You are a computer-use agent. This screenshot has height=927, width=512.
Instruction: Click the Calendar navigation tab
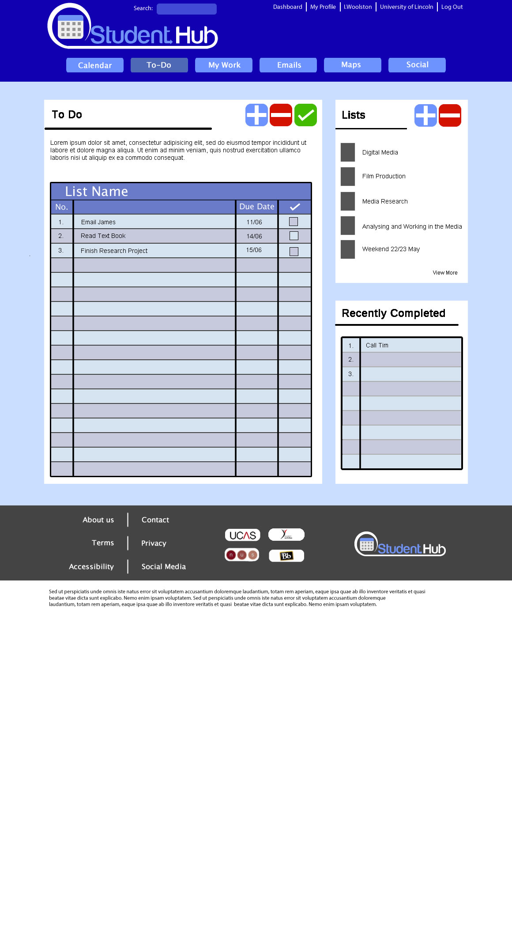[95, 65]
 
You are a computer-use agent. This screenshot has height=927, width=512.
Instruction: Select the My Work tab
[224, 65]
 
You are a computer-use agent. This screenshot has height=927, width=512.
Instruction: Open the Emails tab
[288, 65]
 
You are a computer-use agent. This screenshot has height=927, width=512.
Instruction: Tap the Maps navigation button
[352, 65]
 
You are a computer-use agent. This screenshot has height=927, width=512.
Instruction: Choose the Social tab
[417, 65]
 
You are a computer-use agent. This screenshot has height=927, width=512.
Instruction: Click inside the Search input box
[187, 9]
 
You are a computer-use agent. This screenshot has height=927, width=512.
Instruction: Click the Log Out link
[452, 7]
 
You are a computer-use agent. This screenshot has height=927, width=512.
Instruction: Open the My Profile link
[323, 7]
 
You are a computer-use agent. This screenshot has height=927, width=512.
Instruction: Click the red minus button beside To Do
[281, 115]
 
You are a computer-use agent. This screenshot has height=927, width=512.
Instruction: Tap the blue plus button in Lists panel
[425, 116]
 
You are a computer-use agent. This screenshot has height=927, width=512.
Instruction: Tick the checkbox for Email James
[294, 222]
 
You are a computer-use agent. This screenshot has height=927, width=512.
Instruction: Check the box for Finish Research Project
[294, 251]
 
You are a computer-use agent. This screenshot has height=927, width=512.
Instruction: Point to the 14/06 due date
[254, 236]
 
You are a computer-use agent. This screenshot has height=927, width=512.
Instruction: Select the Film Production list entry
[384, 176]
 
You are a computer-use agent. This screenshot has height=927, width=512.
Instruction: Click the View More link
[445, 273]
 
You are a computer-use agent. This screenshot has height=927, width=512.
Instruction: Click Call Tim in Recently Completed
[377, 345]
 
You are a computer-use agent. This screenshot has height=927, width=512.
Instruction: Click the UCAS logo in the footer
[243, 535]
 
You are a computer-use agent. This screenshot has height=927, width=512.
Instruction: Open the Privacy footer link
[154, 543]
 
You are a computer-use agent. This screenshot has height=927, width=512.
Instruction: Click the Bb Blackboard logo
[286, 556]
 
